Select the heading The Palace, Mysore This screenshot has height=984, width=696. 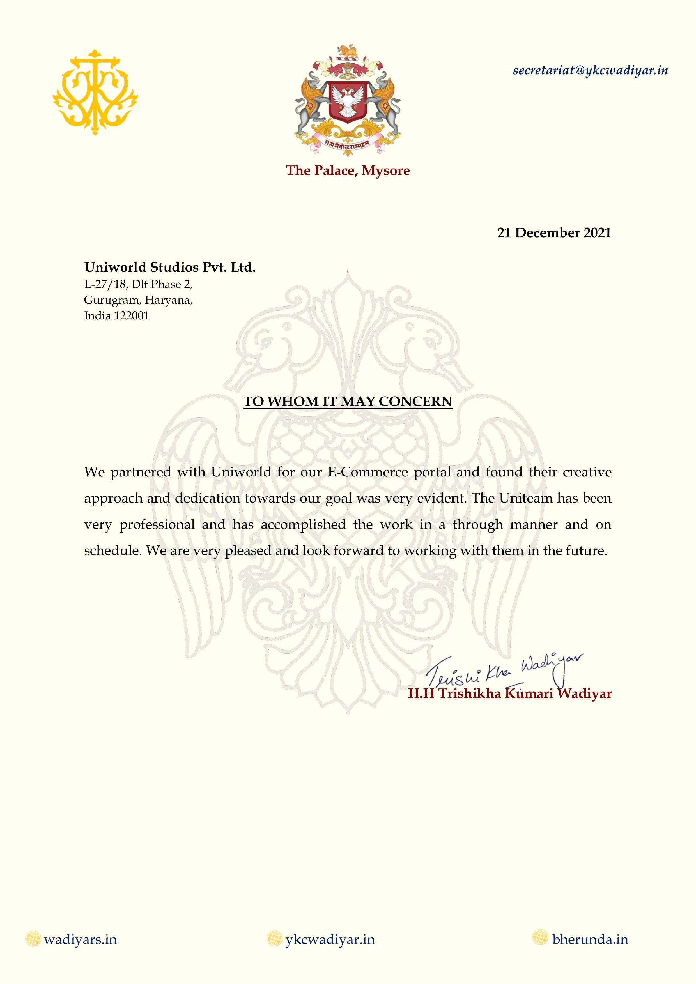[348, 170]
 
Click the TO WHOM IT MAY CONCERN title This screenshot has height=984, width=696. [348, 402]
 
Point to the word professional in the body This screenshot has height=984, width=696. [157, 525]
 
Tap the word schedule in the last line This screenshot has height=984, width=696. [111, 551]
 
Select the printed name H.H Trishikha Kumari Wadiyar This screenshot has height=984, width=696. [509, 694]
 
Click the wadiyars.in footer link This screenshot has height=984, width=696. [80, 940]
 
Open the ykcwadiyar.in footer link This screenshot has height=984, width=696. [330, 940]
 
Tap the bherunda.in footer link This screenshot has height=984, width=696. [590, 940]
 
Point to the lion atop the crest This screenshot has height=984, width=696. [348, 52]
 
